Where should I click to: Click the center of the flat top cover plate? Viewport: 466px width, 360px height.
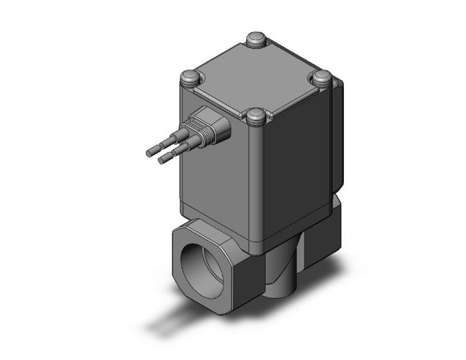pos(257,78)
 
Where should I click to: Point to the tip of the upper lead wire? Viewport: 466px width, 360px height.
pos(150,152)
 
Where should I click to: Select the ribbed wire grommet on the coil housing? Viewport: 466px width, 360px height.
pos(210,128)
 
